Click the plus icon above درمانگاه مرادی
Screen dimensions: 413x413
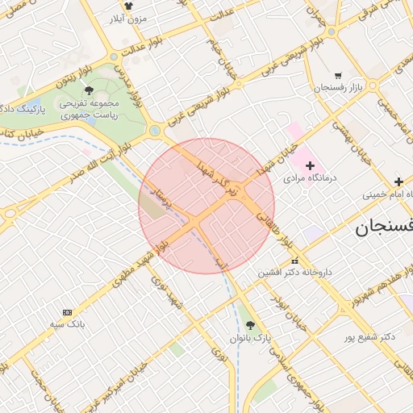tap(310, 165)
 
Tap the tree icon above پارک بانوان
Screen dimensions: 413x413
tap(249, 325)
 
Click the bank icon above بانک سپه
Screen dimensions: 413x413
tap(67, 312)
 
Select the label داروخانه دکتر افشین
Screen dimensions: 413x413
tap(294, 273)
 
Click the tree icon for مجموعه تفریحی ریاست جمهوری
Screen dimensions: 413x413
tap(89, 90)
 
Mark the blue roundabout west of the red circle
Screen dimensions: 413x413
tap(154, 131)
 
